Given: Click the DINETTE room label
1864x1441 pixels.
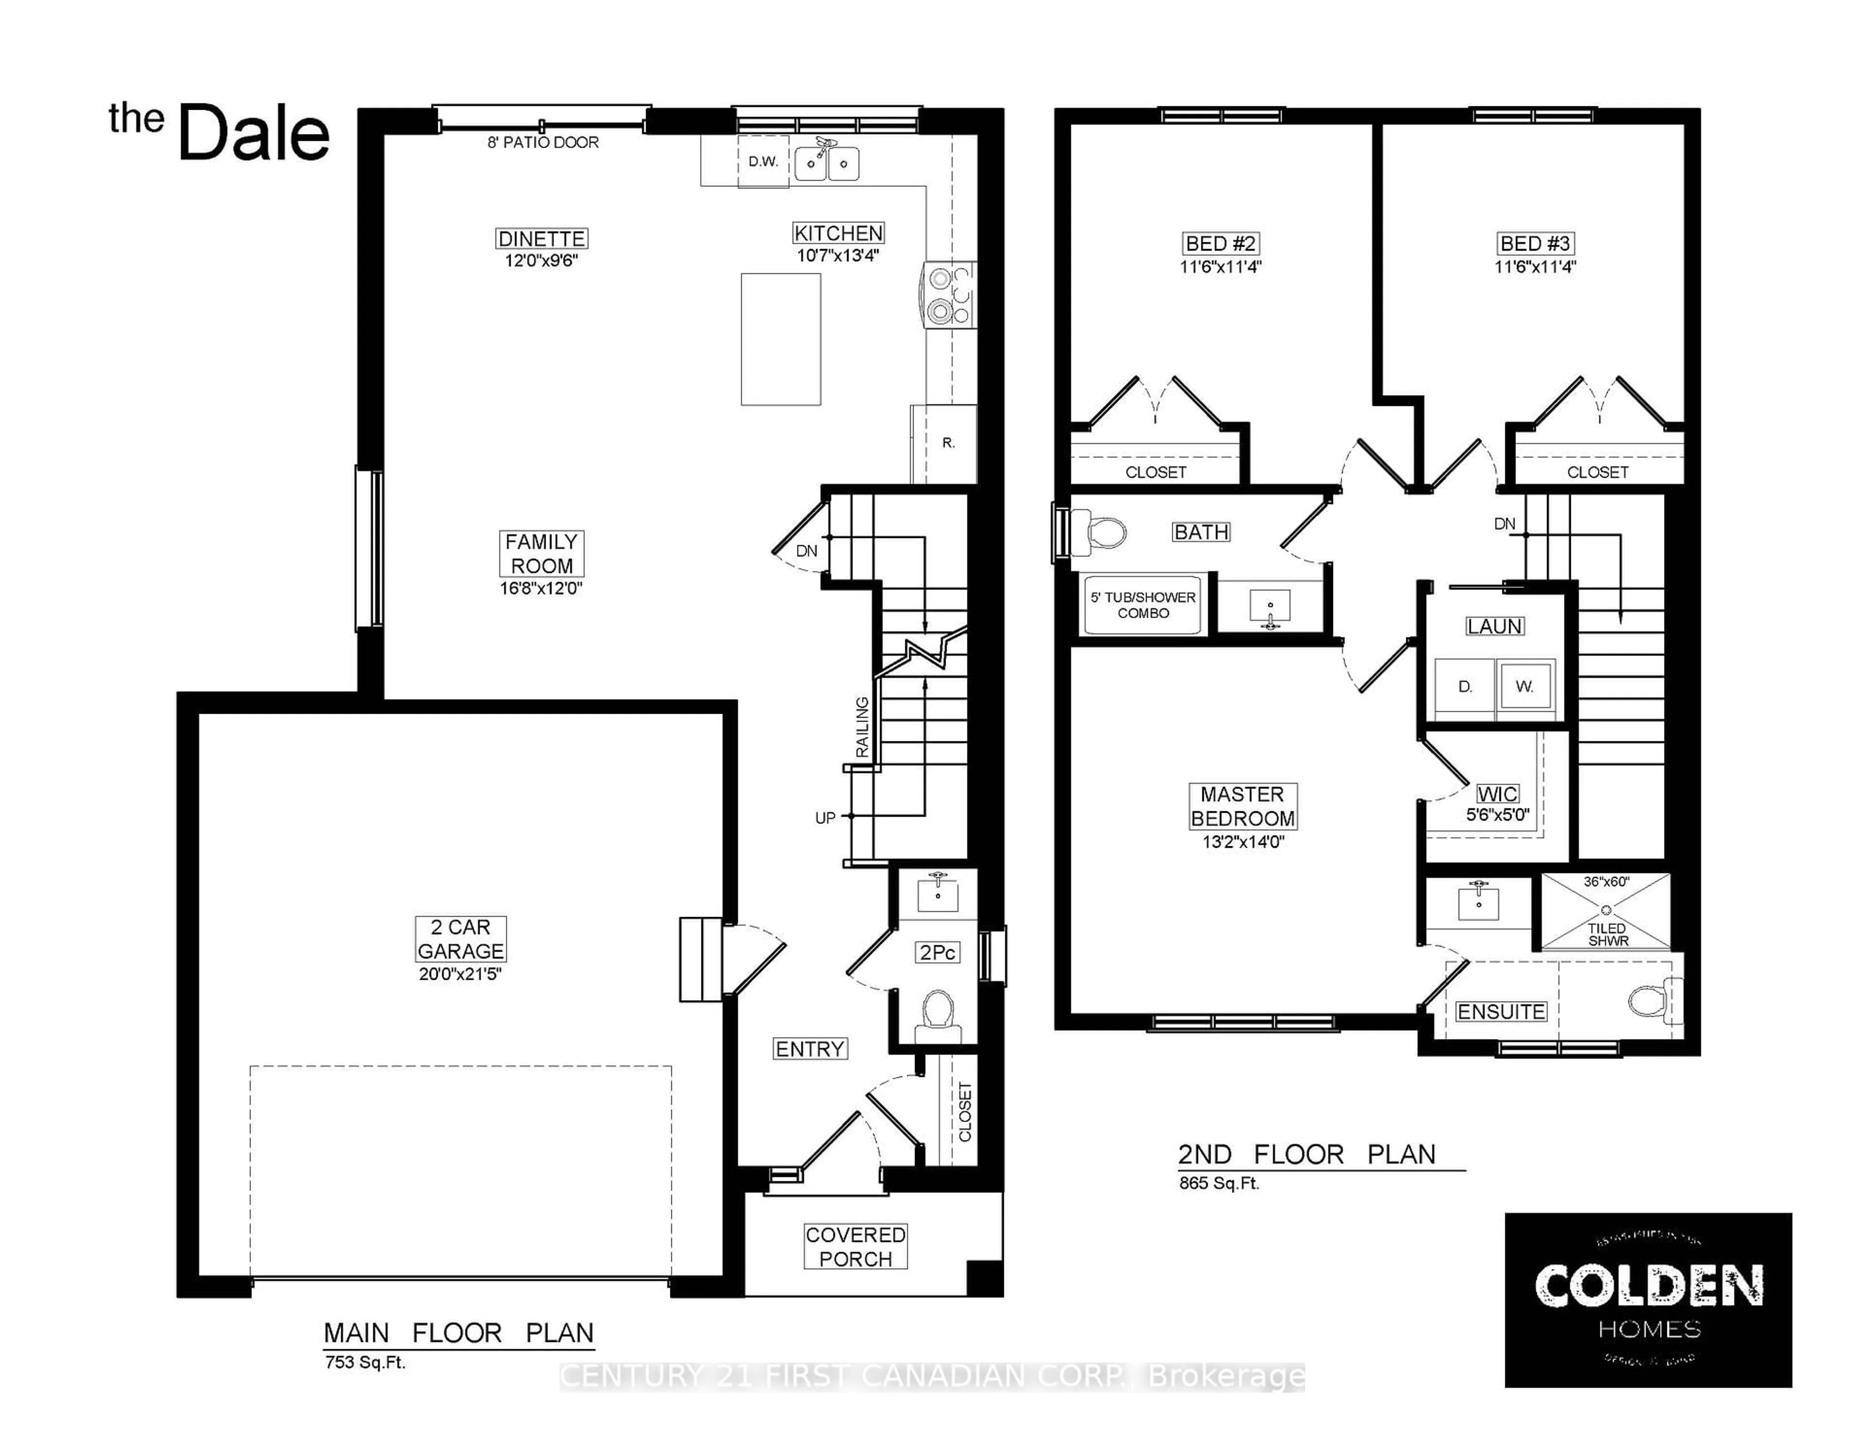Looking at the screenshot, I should [541, 239].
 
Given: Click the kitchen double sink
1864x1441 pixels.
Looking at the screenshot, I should [826, 164].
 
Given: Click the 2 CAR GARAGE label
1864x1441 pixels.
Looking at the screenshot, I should [460, 939].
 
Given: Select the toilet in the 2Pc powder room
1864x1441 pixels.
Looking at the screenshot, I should [938, 1012].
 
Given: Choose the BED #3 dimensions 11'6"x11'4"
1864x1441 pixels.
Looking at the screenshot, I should [1534, 267].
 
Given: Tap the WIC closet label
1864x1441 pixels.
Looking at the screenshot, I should [1497, 794].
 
